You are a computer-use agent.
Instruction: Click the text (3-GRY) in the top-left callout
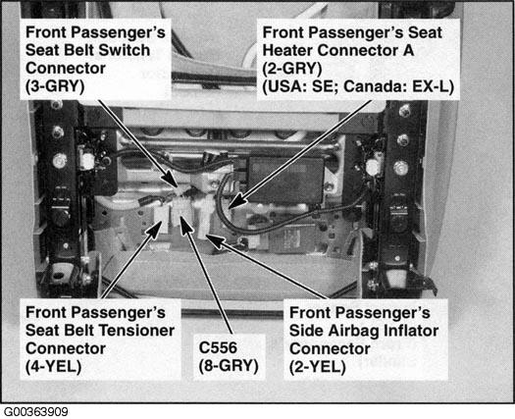click(55, 86)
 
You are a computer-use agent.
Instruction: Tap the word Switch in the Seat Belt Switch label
click(125, 50)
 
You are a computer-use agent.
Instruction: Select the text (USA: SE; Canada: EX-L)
click(358, 86)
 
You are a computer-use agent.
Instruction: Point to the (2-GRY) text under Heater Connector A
click(292, 69)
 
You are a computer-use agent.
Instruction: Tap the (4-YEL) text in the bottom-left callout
click(53, 367)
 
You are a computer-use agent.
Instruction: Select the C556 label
click(218, 348)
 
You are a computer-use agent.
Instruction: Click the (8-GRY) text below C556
click(229, 366)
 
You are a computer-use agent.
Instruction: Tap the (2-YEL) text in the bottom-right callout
click(317, 367)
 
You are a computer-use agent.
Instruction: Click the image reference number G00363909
click(36, 412)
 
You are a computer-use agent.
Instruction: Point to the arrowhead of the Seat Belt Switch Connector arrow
click(176, 184)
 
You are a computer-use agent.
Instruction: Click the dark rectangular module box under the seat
click(285, 180)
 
